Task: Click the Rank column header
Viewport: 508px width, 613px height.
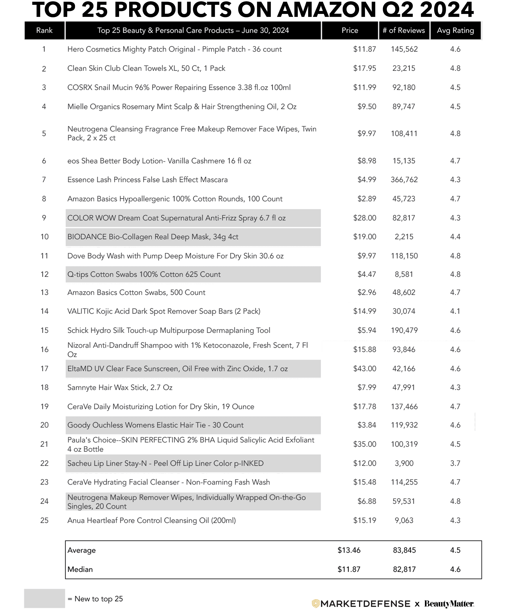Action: click(x=44, y=30)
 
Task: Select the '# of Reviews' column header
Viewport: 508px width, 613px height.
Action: click(x=404, y=30)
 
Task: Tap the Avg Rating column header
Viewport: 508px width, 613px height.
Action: click(x=455, y=30)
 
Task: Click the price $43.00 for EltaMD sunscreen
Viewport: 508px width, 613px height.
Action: click(x=365, y=369)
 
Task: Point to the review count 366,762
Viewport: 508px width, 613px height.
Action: click(x=404, y=180)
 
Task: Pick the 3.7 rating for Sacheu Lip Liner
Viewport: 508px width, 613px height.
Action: click(x=455, y=463)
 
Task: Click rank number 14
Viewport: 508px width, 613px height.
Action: click(x=44, y=311)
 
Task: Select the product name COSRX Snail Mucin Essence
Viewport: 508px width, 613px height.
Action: click(x=179, y=88)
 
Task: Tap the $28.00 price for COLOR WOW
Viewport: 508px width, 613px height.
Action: click(x=365, y=218)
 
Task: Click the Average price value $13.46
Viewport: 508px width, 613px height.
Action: click(x=349, y=550)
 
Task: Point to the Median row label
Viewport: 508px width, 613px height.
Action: click(x=80, y=569)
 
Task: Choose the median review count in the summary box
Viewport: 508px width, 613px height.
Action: click(x=404, y=569)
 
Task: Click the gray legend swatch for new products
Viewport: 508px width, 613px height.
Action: click(x=44, y=598)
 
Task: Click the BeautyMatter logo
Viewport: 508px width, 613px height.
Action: click(x=449, y=604)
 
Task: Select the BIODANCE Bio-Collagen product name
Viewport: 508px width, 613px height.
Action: click(x=153, y=237)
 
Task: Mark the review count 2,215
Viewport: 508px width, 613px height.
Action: click(x=404, y=237)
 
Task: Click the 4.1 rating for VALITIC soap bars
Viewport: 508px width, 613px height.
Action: click(x=455, y=311)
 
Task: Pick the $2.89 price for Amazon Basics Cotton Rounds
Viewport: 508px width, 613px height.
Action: click(x=367, y=199)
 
